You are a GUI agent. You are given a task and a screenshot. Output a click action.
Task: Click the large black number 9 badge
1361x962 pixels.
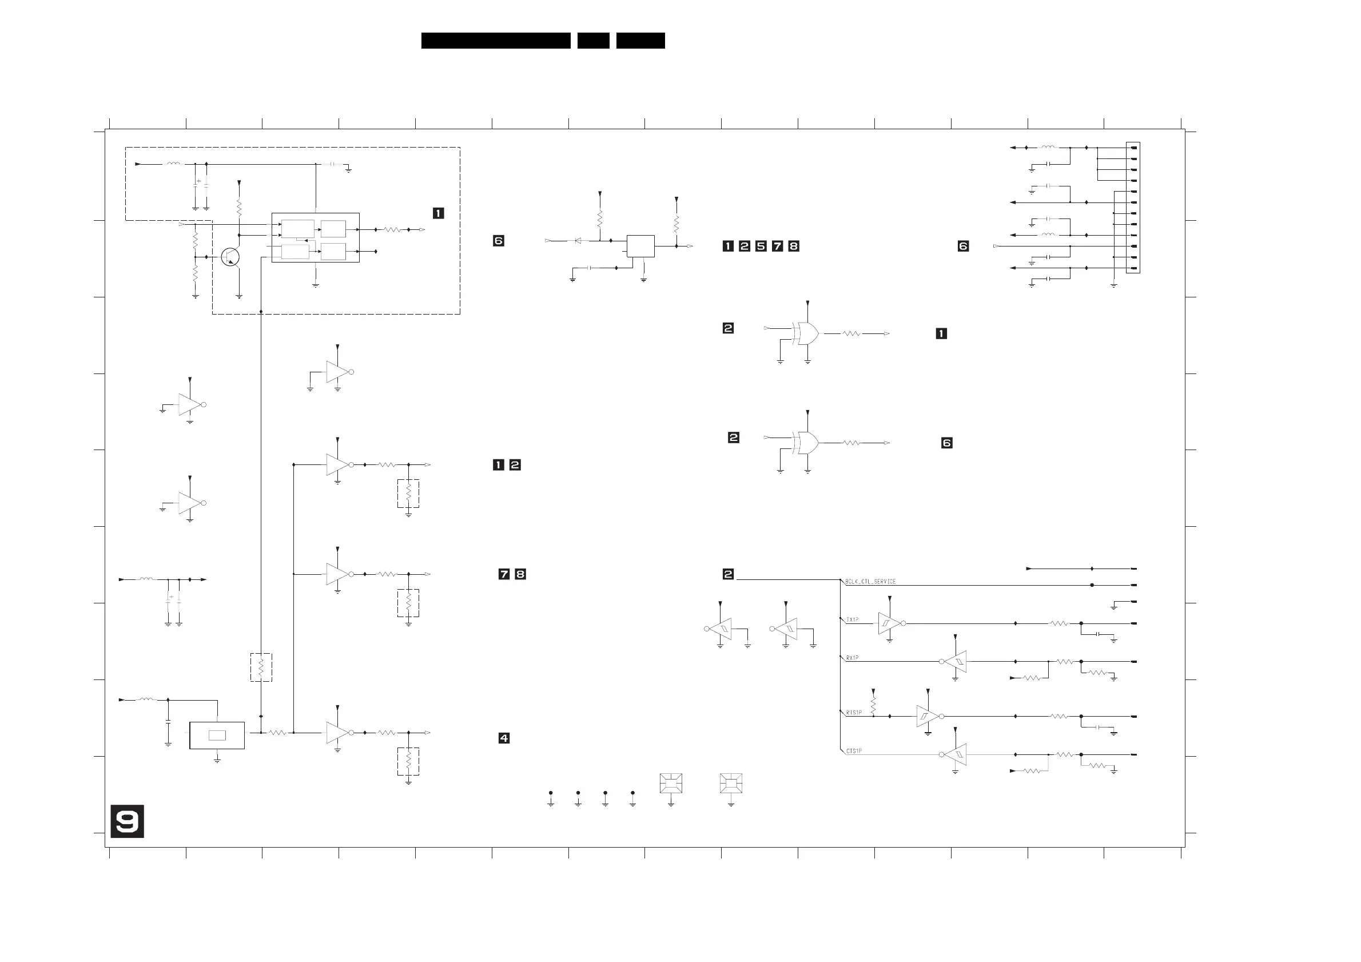click(x=127, y=821)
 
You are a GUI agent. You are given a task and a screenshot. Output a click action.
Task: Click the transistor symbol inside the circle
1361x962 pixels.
click(x=230, y=257)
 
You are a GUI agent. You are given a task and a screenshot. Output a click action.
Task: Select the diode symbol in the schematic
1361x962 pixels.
click(x=578, y=241)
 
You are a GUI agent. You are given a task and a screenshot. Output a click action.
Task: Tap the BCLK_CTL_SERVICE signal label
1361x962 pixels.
click(x=870, y=582)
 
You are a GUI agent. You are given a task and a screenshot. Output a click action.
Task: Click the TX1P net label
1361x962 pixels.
click(x=852, y=619)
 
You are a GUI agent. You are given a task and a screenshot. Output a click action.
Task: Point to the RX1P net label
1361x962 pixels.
click(x=852, y=658)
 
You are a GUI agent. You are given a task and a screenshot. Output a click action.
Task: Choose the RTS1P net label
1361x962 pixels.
click(x=854, y=713)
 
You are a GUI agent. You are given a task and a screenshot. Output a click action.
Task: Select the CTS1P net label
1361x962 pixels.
click(x=854, y=751)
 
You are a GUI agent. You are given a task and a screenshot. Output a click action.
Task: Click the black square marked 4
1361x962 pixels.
click(x=504, y=738)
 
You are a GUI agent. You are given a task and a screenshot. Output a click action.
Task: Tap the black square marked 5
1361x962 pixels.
click(x=761, y=246)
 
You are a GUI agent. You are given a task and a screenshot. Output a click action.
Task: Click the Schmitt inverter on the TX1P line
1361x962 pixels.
click(x=889, y=623)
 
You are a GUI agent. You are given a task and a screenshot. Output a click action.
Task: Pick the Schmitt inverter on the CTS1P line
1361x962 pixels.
click(x=955, y=754)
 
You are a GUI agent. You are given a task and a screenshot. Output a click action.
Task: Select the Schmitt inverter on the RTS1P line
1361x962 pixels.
click(x=927, y=716)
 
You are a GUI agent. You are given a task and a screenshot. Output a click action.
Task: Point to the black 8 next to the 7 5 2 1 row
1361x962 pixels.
click(x=794, y=246)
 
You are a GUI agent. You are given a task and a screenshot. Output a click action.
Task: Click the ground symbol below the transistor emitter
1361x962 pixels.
click(x=239, y=296)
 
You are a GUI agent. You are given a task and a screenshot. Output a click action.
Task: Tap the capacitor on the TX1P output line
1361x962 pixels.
click(x=1098, y=634)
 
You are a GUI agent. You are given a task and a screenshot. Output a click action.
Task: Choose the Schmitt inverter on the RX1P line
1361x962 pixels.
click(x=955, y=662)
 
